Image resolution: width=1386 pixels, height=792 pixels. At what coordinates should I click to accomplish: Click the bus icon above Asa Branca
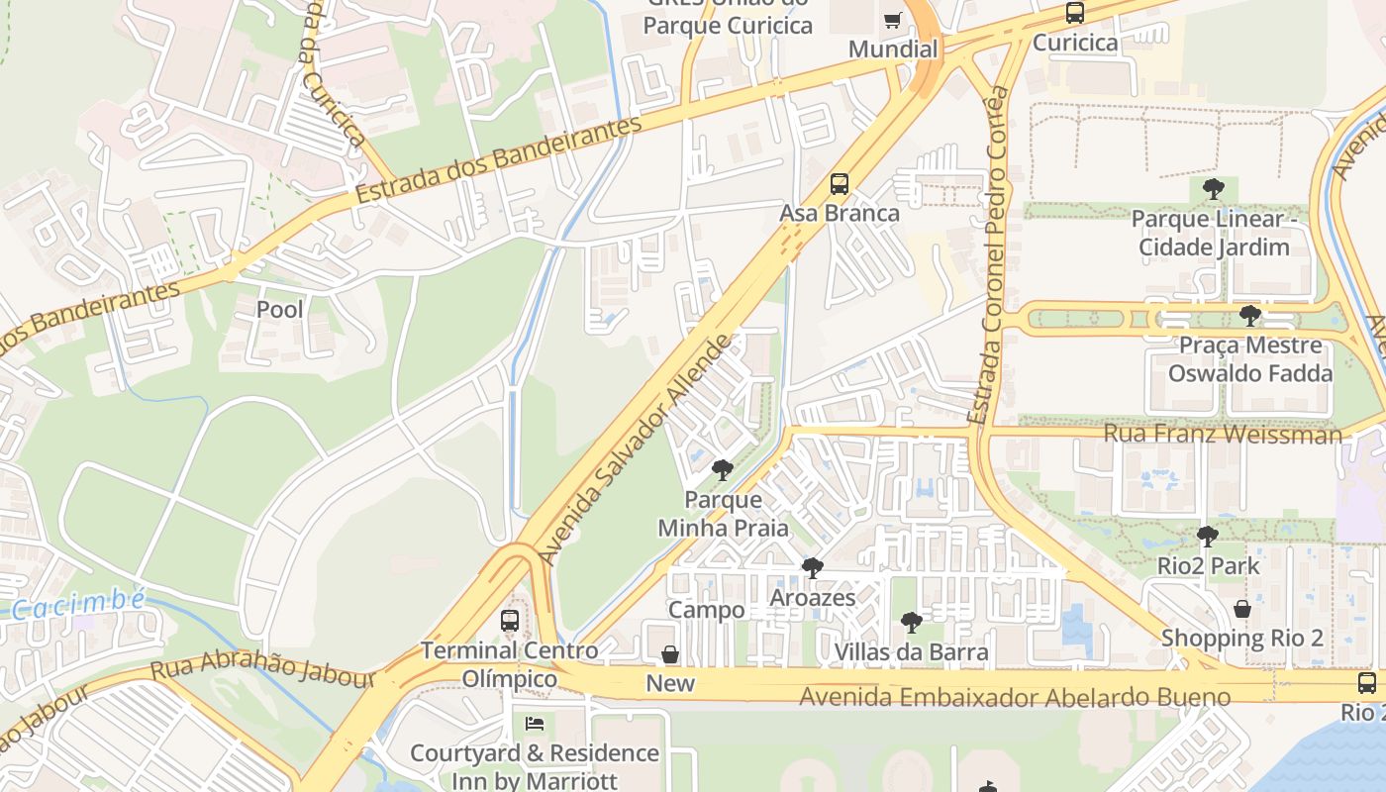click(x=840, y=184)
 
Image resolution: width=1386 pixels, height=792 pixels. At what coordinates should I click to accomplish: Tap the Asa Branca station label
click(x=840, y=213)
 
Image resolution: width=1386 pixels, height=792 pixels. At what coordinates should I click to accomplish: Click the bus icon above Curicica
click(x=1075, y=13)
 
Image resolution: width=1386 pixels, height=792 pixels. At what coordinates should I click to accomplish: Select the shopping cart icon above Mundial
click(x=893, y=21)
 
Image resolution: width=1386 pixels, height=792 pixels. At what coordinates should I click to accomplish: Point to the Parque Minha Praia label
click(x=724, y=514)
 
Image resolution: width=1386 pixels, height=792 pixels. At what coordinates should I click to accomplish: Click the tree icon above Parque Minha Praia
click(x=723, y=469)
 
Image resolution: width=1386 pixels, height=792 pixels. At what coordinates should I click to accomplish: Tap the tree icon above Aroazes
click(x=813, y=568)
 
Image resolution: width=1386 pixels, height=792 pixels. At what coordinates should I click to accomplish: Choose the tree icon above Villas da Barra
click(x=912, y=623)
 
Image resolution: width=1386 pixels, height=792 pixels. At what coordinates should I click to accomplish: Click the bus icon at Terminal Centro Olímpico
click(x=510, y=621)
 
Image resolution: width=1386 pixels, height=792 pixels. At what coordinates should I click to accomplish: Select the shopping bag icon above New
click(x=670, y=654)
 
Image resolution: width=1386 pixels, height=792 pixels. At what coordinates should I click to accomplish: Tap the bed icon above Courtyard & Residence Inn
click(x=535, y=724)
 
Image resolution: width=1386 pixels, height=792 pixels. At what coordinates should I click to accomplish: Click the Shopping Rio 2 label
click(x=1242, y=639)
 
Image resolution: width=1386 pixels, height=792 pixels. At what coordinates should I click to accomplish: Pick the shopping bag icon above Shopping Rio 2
click(x=1242, y=609)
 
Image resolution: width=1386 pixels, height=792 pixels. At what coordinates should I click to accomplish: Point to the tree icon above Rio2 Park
click(x=1208, y=537)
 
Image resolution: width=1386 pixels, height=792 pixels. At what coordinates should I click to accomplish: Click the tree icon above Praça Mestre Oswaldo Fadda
click(x=1250, y=316)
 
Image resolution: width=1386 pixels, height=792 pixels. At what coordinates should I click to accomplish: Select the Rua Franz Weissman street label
click(x=1223, y=434)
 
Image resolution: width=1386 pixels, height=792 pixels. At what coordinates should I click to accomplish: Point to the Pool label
click(x=280, y=310)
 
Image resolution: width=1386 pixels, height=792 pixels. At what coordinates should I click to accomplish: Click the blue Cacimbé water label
click(x=79, y=603)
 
